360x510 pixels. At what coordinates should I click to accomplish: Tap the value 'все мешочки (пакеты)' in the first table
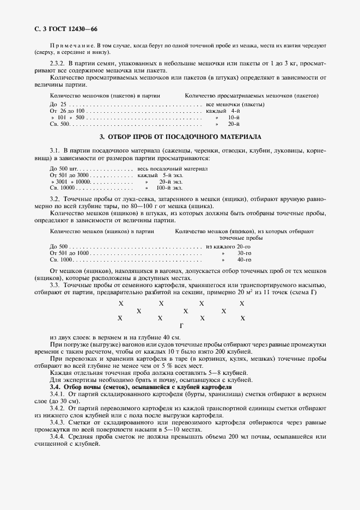point(235,104)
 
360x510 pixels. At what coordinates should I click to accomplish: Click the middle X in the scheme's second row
point(186,311)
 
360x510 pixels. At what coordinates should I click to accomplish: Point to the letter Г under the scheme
point(182,325)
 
